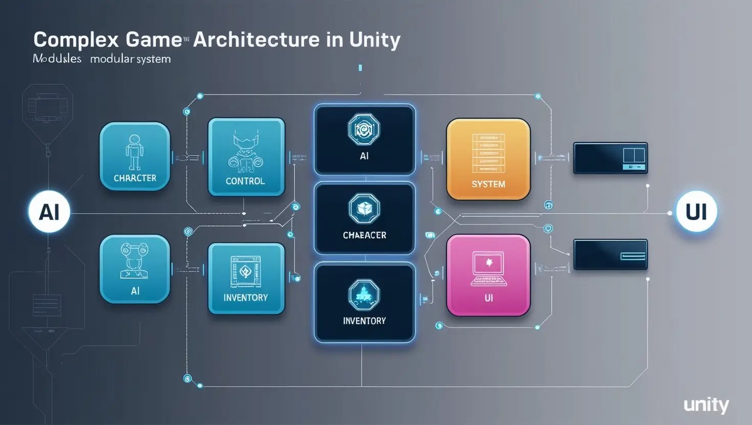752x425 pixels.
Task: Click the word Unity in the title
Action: [x=375, y=40]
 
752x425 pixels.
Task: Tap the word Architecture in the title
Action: [x=256, y=40]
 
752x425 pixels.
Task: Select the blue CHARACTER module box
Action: [x=135, y=156]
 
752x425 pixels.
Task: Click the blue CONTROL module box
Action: [x=246, y=157]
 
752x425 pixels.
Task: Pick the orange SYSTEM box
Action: [x=488, y=159]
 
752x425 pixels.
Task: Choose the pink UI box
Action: [x=488, y=275]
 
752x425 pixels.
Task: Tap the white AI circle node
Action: [x=49, y=211]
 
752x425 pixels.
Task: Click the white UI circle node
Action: [x=696, y=211]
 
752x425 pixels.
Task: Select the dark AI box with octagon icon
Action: [x=364, y=139]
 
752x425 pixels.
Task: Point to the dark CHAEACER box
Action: [x=364, y=218]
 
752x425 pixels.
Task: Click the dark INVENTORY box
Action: [x=364, y=302]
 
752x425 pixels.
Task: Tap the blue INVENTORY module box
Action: [x=246, y=278]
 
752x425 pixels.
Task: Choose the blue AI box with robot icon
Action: [x=135, y=269]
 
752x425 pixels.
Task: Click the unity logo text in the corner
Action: [x=707, y=405]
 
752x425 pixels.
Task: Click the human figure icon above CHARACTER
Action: [x=134, y=152]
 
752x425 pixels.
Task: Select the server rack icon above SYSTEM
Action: [x=488, y=152]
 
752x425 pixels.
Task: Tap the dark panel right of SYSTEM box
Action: [x=610, y=158]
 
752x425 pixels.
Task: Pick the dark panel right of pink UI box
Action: [x=610, y=254]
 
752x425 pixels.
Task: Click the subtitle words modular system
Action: [x=130, y=59]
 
